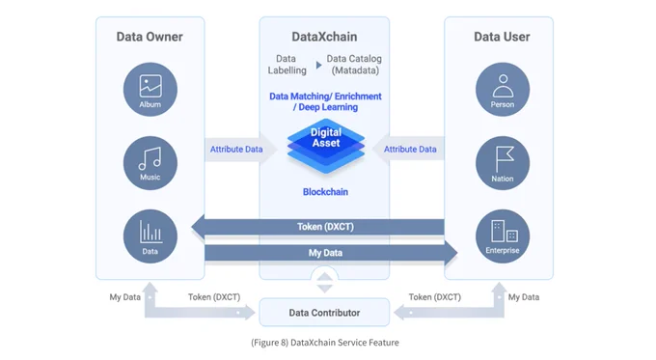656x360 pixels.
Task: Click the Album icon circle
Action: [150, 89]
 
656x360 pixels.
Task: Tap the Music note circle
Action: [150, 163]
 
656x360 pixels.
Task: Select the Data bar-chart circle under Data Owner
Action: [150, 236]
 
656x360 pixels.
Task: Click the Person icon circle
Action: [503, 89]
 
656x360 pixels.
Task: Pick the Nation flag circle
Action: [503, 163]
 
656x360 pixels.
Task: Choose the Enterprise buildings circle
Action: [503, 236]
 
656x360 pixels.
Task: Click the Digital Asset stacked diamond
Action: [326, 146]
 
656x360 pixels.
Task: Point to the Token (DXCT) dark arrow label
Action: [325, 227]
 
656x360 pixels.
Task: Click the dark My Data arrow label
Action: [325, 253]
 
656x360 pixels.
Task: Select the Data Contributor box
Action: [324, 313]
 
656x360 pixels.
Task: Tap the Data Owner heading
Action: [150, 37]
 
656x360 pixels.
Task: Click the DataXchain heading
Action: [324, 37]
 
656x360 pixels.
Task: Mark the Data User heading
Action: [502, 37]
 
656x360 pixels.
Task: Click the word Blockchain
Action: [325, 192]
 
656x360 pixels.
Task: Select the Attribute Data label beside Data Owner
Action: [236, 149]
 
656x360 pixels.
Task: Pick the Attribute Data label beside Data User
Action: [410, 149]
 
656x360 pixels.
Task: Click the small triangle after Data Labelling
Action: [318, 65]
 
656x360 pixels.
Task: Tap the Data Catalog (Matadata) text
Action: [354, 65]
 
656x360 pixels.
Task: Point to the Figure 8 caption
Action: [325, 343]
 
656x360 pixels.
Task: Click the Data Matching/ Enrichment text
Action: [325, 97]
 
